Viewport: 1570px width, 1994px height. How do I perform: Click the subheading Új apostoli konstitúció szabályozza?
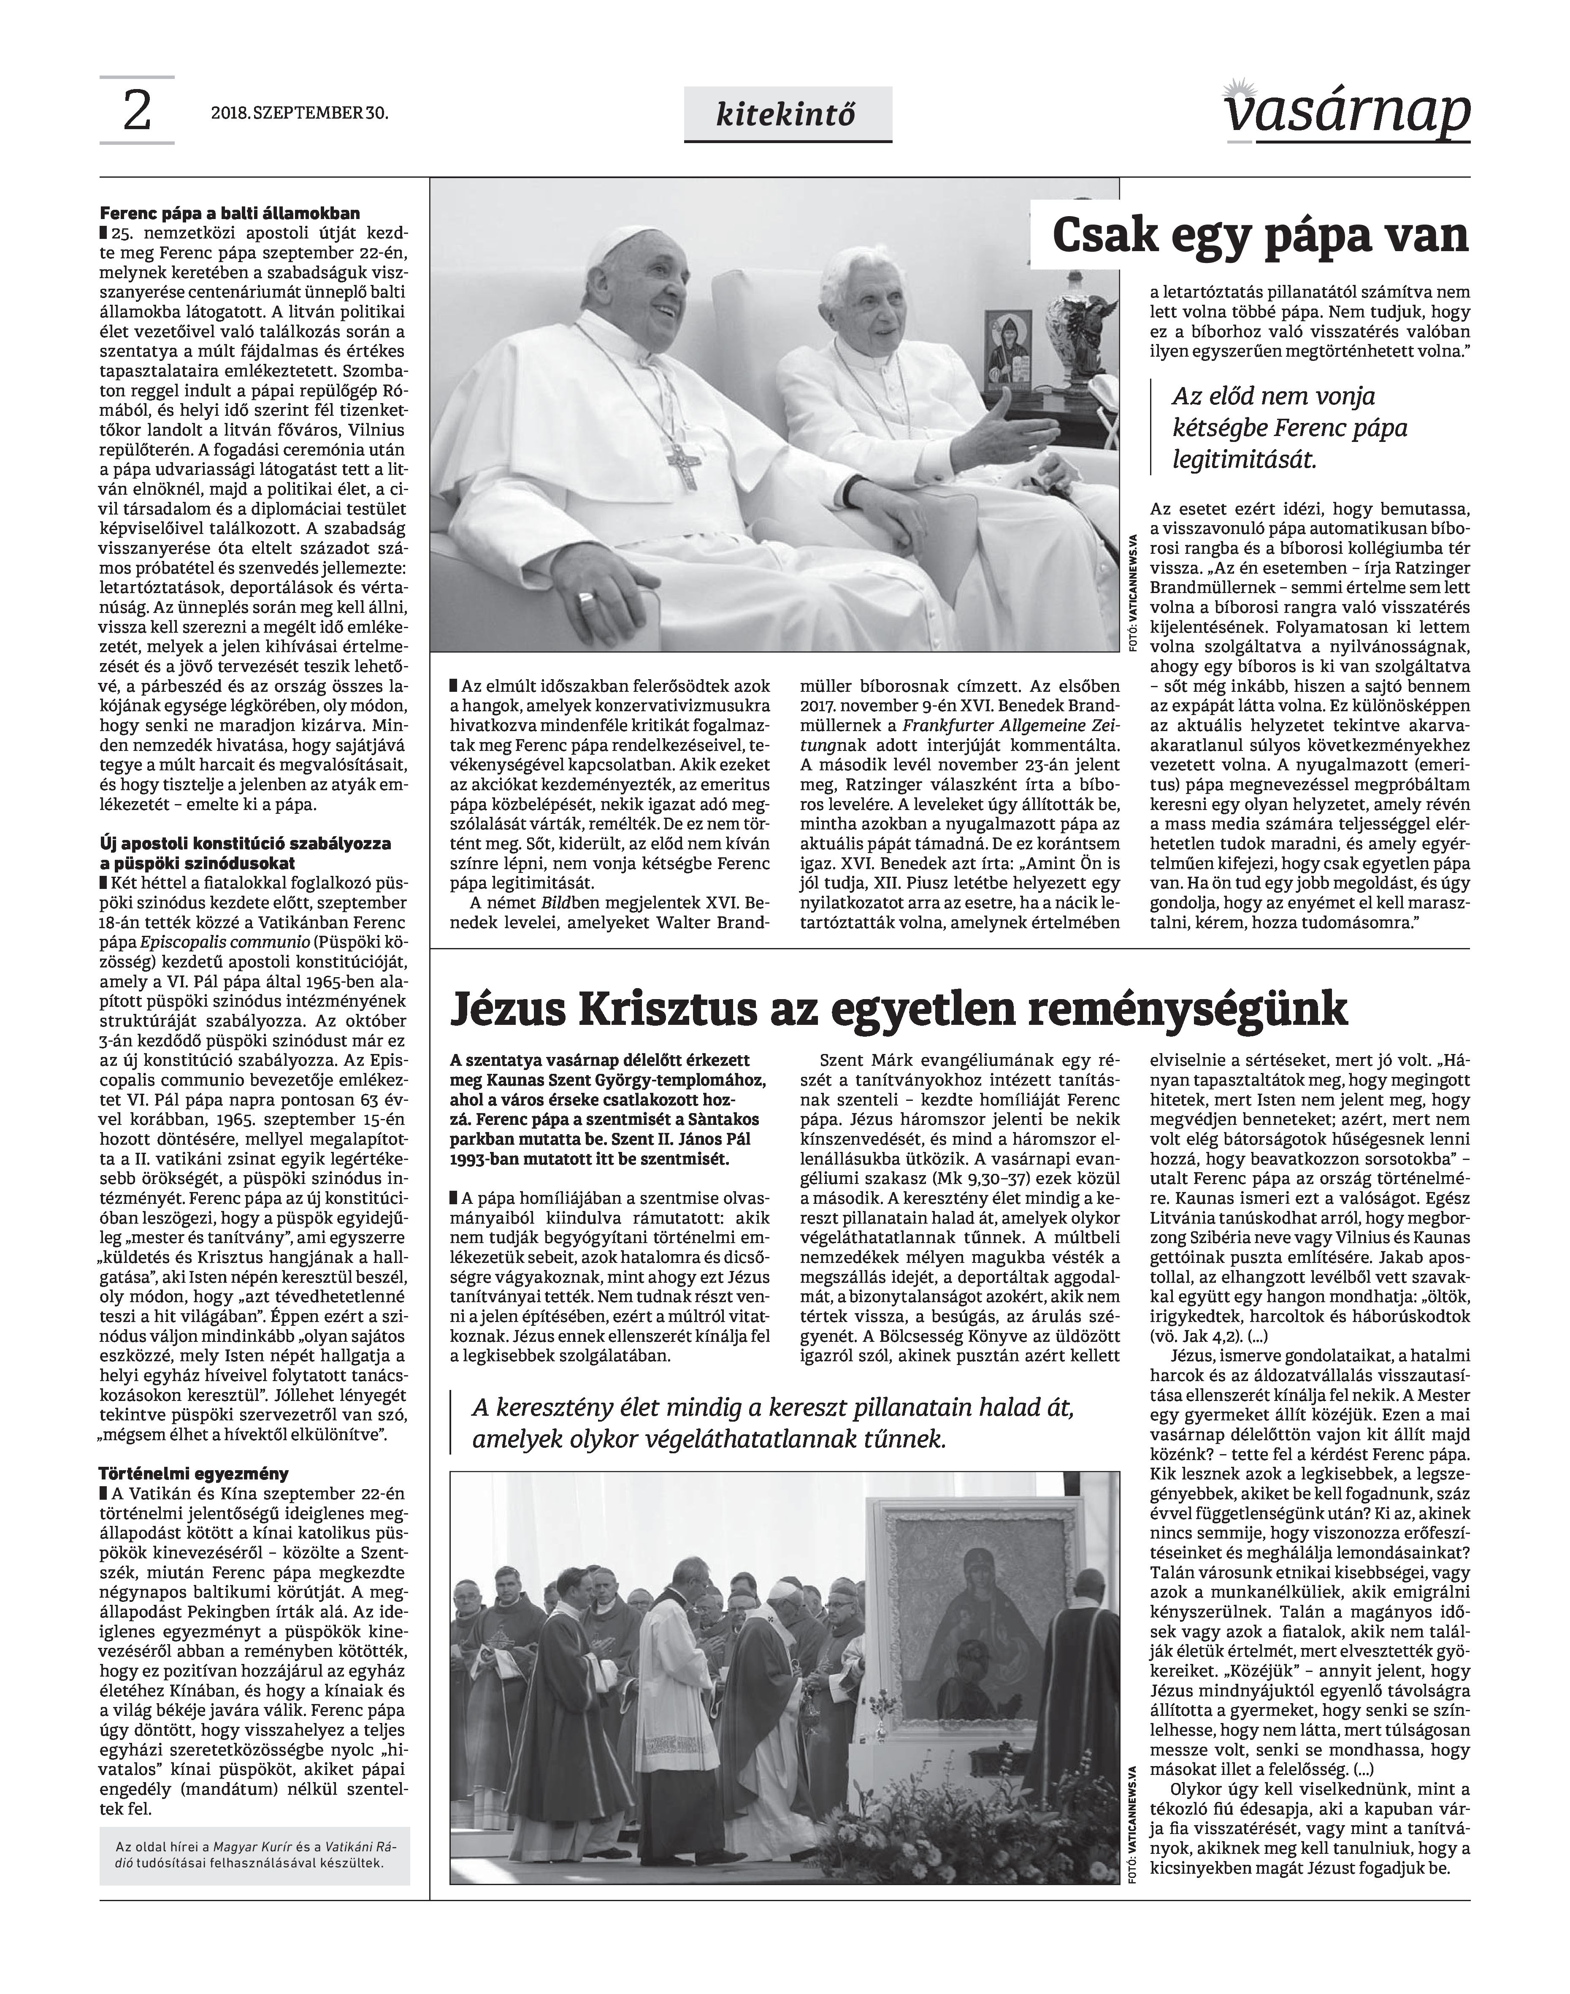(246, 852)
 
